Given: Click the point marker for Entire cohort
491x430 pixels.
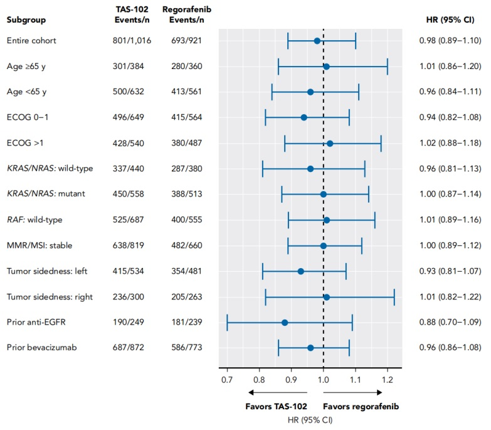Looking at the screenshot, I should pos(317,40).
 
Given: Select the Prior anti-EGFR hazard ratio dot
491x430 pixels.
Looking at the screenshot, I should pos(285,323).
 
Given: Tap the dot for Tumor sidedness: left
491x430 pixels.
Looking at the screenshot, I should pos(301,271).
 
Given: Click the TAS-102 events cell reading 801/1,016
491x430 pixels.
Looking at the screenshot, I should pos(127,40).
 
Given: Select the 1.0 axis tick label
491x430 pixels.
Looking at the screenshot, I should pos(324,379).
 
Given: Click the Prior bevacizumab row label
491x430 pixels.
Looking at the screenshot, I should pos(39,348).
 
